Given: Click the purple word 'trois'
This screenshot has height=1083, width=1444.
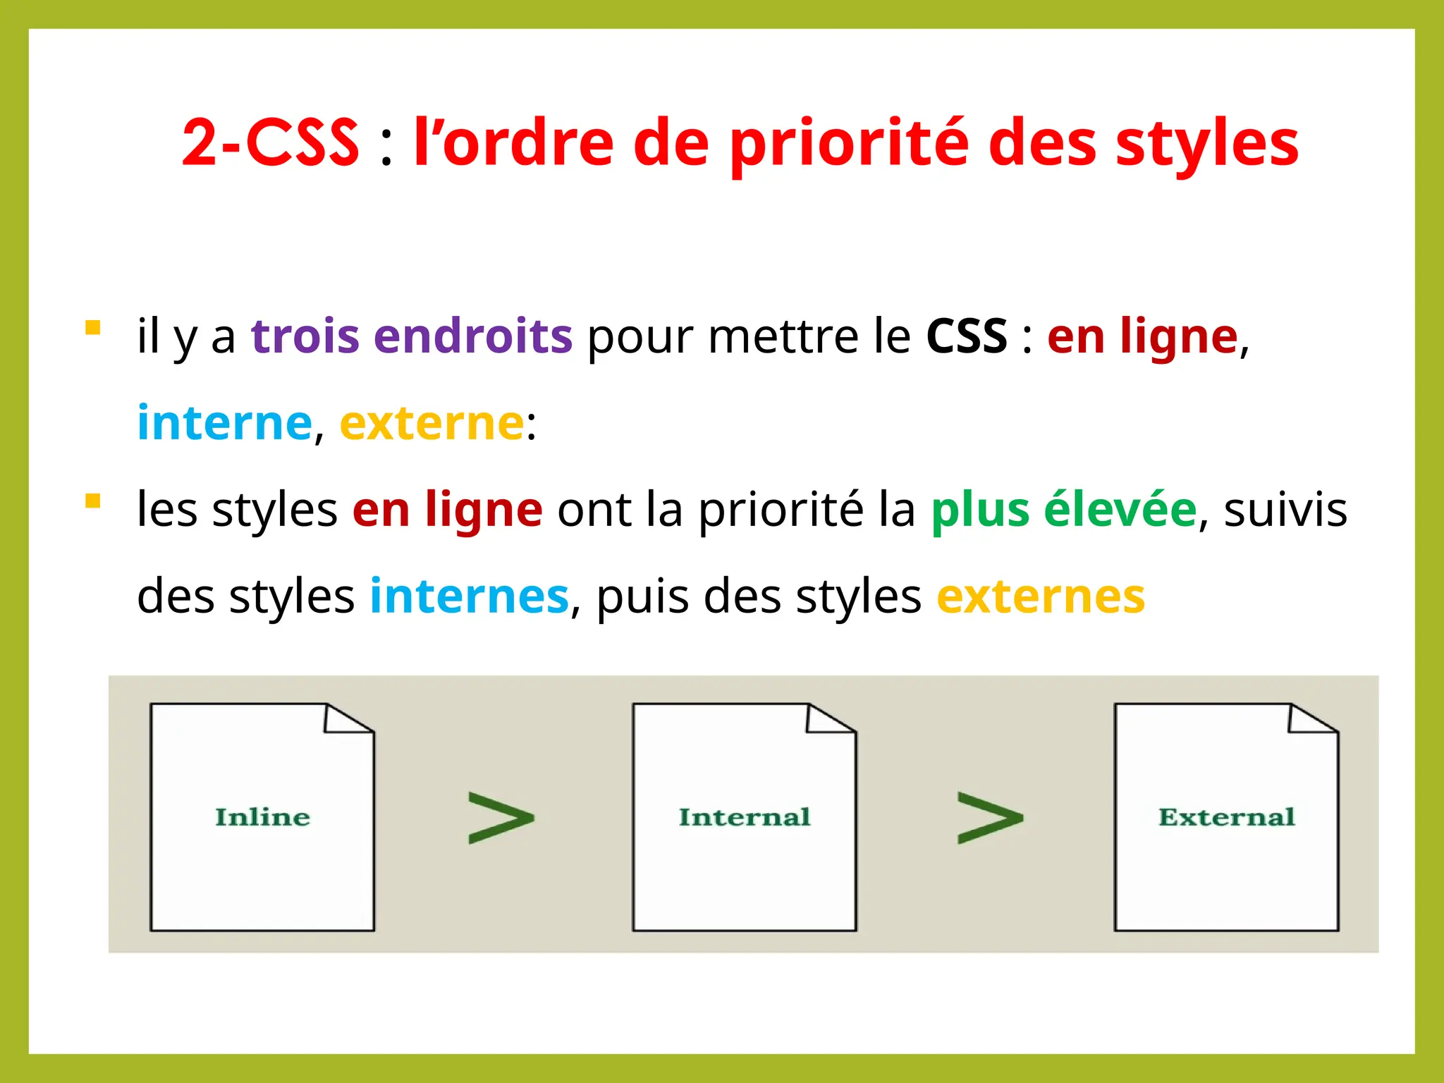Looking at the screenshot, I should (x=304, y=336).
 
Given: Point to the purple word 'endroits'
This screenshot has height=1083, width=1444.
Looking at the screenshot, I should (x=472, y=336).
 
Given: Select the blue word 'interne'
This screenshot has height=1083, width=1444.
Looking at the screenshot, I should (x=224, y=422).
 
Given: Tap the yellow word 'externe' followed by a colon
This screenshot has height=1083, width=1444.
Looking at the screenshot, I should (x=432, y=422).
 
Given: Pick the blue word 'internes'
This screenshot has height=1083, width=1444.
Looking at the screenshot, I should (x=469, y=596).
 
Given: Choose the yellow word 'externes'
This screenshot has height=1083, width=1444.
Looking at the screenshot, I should (x=1040, y=596).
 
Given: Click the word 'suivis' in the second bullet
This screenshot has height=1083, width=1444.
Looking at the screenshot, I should (x=1285, y=509).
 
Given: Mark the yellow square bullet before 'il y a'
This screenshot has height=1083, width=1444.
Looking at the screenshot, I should (x=92, y=328).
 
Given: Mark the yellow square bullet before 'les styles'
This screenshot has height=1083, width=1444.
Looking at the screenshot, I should (x=92, y=501).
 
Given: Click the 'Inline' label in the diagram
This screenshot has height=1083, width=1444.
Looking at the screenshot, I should (x=262, y=817).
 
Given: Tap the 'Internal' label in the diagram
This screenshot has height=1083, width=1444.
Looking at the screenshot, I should (x=745, y=817).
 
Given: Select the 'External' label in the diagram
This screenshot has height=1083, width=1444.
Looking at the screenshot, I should (x=1226, y=817).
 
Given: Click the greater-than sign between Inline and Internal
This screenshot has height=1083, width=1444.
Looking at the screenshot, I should (x=501, y=818).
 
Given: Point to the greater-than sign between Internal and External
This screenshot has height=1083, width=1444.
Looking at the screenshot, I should (x=990, y=818).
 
